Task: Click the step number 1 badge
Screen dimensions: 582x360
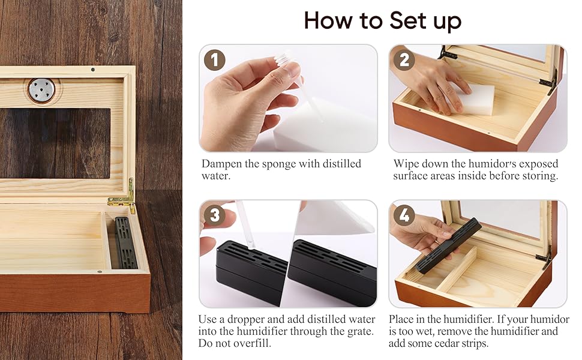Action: pyautogui.click(x=215, y=60)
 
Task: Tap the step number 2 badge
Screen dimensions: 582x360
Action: pyautogui.click(x=404, y=60)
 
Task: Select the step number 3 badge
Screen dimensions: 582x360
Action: pyautogui.click(x=215, y=215)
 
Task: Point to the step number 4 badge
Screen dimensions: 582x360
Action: pyautogui.click(x=404, y=215)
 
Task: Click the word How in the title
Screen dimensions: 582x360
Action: pyautogui.click(x=328, y=20)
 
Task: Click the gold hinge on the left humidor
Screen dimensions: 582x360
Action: pyautogui.click(x=124, y=196)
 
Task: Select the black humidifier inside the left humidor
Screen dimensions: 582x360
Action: pyautogui.click(x=125, y=243)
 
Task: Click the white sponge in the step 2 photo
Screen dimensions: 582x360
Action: pyautogui.click(x=473, y=99)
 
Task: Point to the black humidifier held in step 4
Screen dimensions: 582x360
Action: pyautogui.click(x=448, y=245)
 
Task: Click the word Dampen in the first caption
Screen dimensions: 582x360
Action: pyautogui.click(x=221, y=164)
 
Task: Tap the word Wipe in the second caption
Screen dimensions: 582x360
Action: pyautogui.click(x=406, y=164)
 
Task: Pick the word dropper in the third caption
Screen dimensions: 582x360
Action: pyautogui.click(x=245, y=320)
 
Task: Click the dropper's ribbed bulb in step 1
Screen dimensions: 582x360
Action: pyautogui.click(x=284, y=59)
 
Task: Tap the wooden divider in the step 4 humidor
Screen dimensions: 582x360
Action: pyautogui.click(x=456, y=268)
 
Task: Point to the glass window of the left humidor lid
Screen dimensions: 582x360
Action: pyautogui.click(x=55, y=143)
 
